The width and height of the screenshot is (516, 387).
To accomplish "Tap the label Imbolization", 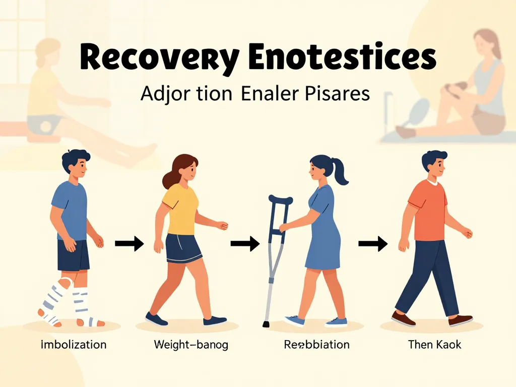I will click(x=74, y=345).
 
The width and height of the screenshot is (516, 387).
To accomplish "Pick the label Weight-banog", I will click(x=190, y=345).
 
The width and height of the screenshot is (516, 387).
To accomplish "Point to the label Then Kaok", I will click(x=434, y=345).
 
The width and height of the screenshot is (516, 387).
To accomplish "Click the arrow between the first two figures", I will click(x=129, y=244).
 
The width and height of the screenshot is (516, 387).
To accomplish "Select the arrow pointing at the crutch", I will click(x=244, y=244).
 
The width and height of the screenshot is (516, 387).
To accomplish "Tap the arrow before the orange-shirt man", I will click(x=372, y=244).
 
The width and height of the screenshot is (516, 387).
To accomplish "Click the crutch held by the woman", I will click(x=274, y=252).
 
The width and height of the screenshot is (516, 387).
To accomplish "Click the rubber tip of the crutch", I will click(x=265, y=324).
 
